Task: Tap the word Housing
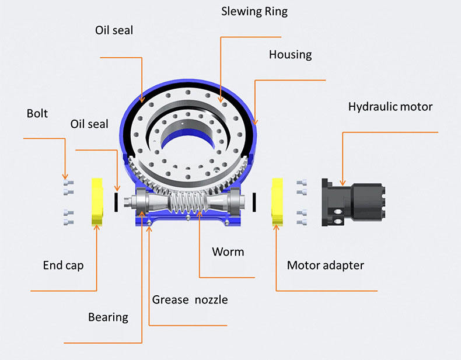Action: pyautogui.click(x=290, y=55)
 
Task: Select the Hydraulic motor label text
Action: pyautogui.click(x=390, y=107)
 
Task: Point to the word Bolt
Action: pyautogui.click(x=37, y=113)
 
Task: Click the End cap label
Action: pyautogui.click(x=63, y=265)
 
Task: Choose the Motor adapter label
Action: pyautogui.click(x=325, y=265)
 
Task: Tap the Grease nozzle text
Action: pyautogui.click(x=190, y=300)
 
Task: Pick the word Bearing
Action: pyautogui.click(x=108, y=317)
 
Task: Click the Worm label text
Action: pyautogui.click(x=228, y=252)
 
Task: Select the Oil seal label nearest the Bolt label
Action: pyautogui.click(x=89, y=124)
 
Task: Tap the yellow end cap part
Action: pyautogui.click(x=96, y=202)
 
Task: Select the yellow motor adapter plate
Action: pyautogui.click(x=277, y=202)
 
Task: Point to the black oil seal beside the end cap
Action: pyautogui.click(x=117, y=201)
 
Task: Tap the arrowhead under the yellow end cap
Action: pyautogui.click(x=96, y=228)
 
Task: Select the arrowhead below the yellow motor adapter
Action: pyautogui.click(x=275, y=228)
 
